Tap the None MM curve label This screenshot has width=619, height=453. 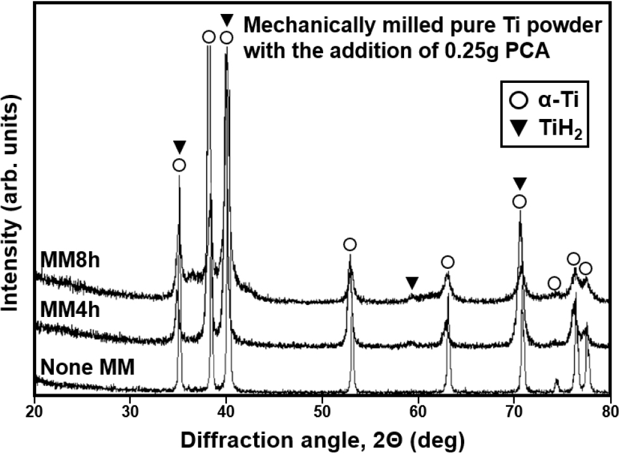tap(87, 367)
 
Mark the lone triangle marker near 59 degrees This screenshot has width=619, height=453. tap(412, 282)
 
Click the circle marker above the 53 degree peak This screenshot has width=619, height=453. tap(350, 245)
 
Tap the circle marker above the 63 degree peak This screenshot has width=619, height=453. tap(448, 262)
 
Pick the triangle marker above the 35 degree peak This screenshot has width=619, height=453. tap(179, 147)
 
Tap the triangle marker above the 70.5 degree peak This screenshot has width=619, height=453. tap(520, 184)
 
